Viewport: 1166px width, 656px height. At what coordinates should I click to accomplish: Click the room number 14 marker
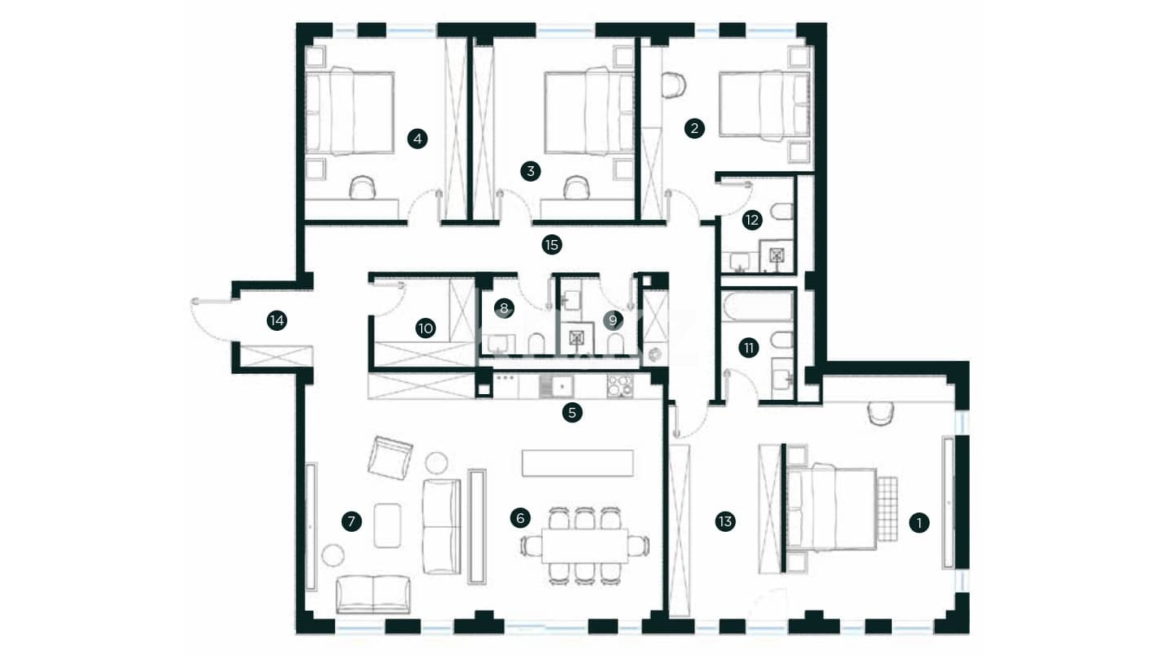point(277,320)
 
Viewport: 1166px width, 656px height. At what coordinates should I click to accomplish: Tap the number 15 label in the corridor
point(552,245)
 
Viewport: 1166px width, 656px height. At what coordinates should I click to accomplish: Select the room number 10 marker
point(425,328)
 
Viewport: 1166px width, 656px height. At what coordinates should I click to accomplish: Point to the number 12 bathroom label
point(751,220)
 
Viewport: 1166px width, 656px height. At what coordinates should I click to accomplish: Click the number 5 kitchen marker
point(572,413)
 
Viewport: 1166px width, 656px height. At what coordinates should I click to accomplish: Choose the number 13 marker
point(725,521)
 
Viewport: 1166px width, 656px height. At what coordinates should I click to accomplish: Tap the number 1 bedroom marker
point(919,523)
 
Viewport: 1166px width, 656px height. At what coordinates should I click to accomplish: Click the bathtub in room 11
point(757,307)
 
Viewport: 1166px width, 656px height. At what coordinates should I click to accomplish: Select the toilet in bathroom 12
point(782,211)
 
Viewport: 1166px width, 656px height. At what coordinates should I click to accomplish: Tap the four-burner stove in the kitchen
point(620,387)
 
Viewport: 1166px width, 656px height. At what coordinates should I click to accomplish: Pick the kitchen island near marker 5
point(578,463)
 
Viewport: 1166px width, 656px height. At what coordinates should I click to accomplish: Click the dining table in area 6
point(584,546)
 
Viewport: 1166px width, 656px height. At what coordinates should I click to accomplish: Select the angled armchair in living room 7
point(389,458)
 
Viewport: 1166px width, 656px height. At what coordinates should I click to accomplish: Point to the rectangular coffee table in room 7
point(387,525)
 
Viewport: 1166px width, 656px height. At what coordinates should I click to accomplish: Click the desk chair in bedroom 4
point(362,188)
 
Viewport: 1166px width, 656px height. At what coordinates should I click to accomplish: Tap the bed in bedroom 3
point(589,111)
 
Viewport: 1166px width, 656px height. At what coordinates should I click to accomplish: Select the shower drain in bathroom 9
point(576,338)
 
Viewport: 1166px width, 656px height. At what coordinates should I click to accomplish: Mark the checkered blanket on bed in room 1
point(888,508)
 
